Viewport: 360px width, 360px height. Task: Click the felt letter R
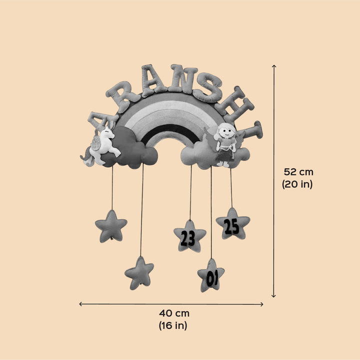[122, 94]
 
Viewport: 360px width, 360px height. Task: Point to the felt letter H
[234, 103]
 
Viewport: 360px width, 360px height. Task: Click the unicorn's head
[107, 133]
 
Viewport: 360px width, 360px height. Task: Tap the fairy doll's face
[226, 131]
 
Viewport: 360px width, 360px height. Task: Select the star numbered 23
[189, 237]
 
